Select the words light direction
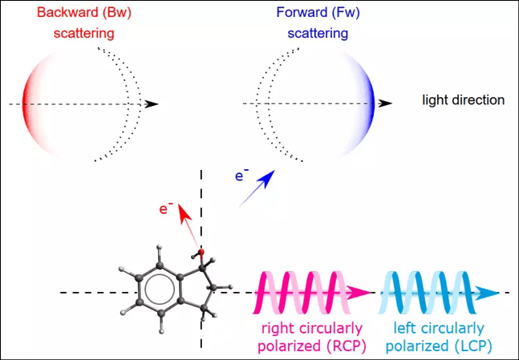464,100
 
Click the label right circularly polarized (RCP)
310,337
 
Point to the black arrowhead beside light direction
386,103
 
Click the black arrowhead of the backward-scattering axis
152,104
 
